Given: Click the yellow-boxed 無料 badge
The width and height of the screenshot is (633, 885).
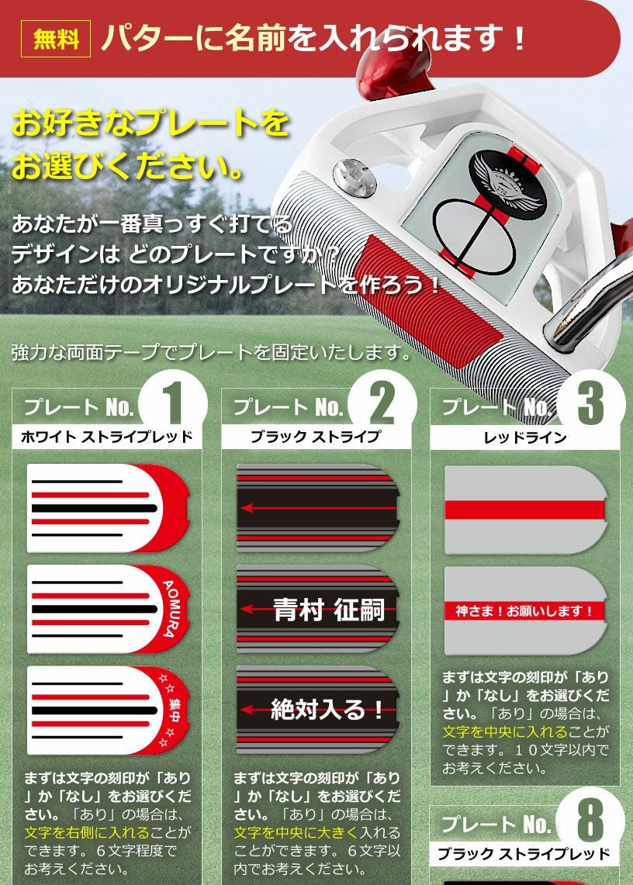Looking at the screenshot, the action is pos(55,38).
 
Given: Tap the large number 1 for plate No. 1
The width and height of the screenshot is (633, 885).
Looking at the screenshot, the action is pos(173,403).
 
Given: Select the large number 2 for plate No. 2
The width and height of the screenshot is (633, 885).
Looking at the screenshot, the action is pos(382,403).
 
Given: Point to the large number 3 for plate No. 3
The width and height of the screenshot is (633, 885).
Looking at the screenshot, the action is pos(590,403).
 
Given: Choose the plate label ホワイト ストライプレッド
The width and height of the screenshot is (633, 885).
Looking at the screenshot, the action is pos(107,437).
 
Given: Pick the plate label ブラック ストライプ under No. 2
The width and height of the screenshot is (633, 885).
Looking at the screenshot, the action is pos(316,437).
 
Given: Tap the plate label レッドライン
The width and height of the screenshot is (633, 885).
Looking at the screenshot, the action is pos(525,437).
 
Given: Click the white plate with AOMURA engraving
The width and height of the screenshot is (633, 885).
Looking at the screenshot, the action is pos(109,610).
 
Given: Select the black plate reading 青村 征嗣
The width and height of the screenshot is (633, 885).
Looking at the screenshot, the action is pos(318,610).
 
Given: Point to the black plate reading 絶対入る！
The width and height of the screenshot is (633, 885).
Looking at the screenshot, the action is pos(318,710).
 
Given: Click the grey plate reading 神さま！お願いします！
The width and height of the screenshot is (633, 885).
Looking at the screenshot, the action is pos(526,610).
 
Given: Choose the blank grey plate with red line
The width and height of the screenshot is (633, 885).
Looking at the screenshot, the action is pos(526,510).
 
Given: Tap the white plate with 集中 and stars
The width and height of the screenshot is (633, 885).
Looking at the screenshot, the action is pos(109,710).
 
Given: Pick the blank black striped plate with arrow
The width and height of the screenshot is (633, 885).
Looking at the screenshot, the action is pos(318,509).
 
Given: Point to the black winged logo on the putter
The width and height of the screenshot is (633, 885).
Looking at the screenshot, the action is pos(504,177).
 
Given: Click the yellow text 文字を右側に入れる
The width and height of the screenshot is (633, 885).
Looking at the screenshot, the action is pos(87,832).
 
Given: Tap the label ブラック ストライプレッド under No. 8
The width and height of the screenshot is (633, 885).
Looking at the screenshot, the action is pos(524,854).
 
